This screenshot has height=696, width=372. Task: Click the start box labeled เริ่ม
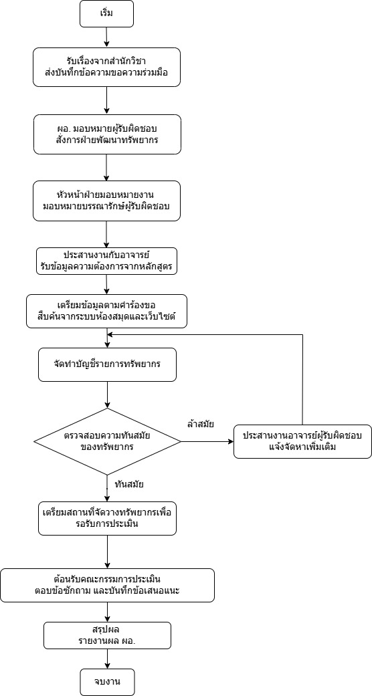pyautogui.click(x=106, y=13)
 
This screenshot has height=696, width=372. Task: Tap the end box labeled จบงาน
pyautogui.click(x=107, y=682)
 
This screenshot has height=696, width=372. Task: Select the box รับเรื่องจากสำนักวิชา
pyautogui.click(x=106, y=67)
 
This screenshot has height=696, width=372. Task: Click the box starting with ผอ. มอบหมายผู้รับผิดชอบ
pyautogui.click(x=106, y=134)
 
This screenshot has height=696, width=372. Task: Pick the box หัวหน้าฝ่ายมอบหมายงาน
pyautogui.click(x=106, y=201)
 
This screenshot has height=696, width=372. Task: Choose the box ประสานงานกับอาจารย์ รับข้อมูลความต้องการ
pyautogui.click(x=106, y=261)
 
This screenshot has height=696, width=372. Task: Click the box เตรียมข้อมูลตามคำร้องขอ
pyautogui.click(x=106, y=312)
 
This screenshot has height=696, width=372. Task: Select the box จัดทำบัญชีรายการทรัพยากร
pyautogui.click(x=107, y=365)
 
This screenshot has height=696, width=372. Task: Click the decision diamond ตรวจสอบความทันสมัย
pyautogui.click(x=107, y=442)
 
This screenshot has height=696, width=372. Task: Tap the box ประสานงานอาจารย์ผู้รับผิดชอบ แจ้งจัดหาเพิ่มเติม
pyautogui.click(x=302, y=442)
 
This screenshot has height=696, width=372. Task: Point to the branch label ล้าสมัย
pyautogui.click(x=201, y=425)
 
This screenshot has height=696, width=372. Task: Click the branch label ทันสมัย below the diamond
pyautogui.click(x=128, y=484)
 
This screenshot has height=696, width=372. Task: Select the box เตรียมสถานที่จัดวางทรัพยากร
pyautogui.click(x=107, y=518)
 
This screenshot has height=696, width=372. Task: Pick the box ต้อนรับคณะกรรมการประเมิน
pyautogui.click(x=107, y=586)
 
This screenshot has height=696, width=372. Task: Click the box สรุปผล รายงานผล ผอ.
pyautogui.click(x=107, y=636)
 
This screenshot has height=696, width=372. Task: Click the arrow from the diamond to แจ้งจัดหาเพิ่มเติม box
pyautogui.click(x=207, y=442)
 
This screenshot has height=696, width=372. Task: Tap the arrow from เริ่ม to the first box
pyautogui.click(x=106, y=37)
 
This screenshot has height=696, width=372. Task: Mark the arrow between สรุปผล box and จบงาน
pyautogui.click(x=107, y=659)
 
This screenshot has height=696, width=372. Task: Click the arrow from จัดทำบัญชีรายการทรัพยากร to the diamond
pyautogui.click(x=107, y=395)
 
